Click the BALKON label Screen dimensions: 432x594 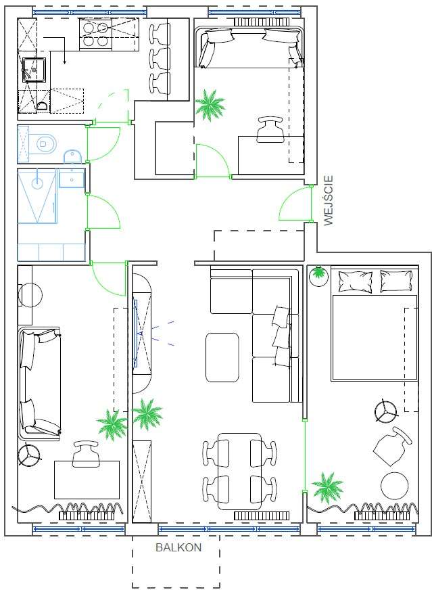(x=178, y=547)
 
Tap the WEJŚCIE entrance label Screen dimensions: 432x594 (x=329, y=200)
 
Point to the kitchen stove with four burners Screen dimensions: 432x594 (x=95, y=35)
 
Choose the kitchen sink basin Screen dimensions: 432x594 (x=33, y=70)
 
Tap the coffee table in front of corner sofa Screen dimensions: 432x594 (x=222, y=357)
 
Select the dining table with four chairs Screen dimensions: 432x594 (x=239, y=472)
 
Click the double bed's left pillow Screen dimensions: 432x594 (x=355, y=281)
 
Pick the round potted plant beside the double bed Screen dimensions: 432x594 (x=318, y=276)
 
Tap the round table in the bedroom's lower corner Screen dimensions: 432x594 (x=395, y=486)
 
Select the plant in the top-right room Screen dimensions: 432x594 (x=210, y=105)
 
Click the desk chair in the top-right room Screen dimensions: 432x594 (x=270, y=129)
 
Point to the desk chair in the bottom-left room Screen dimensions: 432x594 (x=86, y=454)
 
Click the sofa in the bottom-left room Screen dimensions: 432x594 (x=39, y=384)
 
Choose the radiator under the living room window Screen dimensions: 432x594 (x=262, y=516)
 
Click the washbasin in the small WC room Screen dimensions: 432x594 (x=72, y=156)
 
